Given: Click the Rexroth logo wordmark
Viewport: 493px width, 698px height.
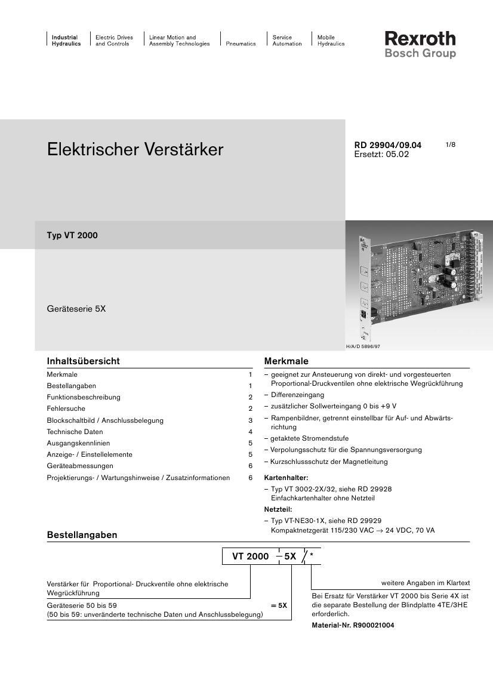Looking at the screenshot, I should point(420,39).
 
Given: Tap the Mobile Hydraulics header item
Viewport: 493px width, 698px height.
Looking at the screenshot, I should point(331,41).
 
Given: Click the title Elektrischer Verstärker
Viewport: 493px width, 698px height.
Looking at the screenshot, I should point(135,149).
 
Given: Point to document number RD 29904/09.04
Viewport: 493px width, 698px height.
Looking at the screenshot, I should point(387,145).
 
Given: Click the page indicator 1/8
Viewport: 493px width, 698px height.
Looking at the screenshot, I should point(450,145).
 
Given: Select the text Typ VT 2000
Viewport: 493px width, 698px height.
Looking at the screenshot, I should point(72,235).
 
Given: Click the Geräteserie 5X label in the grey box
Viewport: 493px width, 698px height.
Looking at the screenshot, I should point(76,309).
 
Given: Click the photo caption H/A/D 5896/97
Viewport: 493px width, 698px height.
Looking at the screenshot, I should point(363,346).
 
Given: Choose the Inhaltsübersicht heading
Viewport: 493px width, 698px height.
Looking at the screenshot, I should point(83,361).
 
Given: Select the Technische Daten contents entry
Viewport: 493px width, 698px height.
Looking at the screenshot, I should point(75,432).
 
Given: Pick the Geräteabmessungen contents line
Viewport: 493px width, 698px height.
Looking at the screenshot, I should point(79,466).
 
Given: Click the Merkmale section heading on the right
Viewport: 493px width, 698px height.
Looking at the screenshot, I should point(286,361).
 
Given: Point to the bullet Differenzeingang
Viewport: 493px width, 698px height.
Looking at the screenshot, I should point(297,395).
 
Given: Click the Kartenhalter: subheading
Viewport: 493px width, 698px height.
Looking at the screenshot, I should point(286,478).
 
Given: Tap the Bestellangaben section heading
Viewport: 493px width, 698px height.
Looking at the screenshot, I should point(82,535).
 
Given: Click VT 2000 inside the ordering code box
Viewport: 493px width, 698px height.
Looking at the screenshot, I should point(250,556).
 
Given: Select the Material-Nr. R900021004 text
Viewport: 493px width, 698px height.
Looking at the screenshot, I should point(353,625).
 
